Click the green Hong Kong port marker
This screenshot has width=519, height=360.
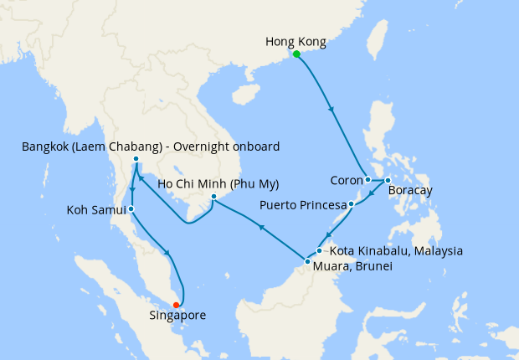coord(296,54)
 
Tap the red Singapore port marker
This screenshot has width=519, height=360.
coord(176,305)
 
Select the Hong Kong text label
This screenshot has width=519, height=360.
coord(295,41)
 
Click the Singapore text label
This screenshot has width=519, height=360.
coord(177,316)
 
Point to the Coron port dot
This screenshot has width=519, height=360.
coord(367,179)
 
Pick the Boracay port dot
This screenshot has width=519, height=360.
coord(387,181)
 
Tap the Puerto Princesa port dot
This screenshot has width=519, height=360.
coord(352,203)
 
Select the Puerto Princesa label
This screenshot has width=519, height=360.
coord(303,203)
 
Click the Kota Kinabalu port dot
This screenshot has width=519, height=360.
coord(320,249)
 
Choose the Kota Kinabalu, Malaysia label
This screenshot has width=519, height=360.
coord(397,250)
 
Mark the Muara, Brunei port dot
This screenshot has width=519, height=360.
coord(307,262)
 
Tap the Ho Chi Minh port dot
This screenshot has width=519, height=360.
coord(213,198)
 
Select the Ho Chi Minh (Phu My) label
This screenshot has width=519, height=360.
coord(218,184)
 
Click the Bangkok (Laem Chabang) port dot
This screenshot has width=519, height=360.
coord(136,159)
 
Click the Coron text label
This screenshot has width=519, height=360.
coord(345,179)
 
